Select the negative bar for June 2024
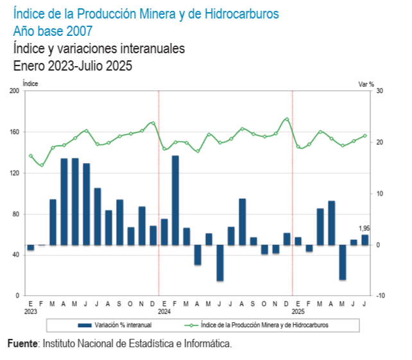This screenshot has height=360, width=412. [219, 262]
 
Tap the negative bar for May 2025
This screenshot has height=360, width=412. [343, 262]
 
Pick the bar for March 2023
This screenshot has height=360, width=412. [53, 222]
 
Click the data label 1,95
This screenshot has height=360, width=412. [364, 228]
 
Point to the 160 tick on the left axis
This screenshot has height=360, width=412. [14, 132]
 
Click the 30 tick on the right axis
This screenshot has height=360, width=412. [379, 91]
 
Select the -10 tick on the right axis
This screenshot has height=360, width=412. [379, 296]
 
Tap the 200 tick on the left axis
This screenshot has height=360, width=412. [14, 91]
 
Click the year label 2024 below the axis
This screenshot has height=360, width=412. [164, 311]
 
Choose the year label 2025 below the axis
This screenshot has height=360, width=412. [297, 311]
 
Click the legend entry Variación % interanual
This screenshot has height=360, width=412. [118, 325]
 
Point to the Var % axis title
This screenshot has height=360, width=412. [366, 83]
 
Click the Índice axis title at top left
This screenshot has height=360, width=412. [30, 83]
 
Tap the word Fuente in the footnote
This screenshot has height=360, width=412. [23, 344]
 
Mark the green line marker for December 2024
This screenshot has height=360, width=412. [286, 119]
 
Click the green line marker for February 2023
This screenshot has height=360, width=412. [42, 166]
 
